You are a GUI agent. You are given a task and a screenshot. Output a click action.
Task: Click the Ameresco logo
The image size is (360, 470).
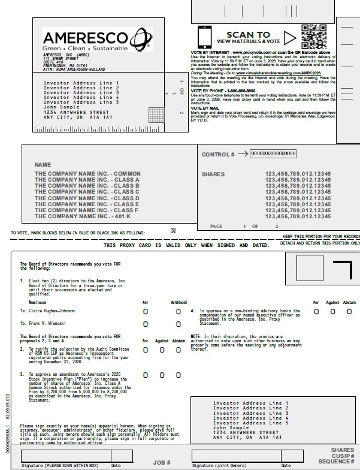click(93, 39)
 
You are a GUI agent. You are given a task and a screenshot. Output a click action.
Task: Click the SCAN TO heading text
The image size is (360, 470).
click(248, 35)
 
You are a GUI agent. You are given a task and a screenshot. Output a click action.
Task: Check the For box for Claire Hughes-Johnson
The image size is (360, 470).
click(145, 312)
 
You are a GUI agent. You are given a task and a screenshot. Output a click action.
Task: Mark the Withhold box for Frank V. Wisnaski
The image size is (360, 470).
click(179, 324)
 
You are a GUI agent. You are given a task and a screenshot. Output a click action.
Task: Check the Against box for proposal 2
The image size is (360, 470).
click(162, 350)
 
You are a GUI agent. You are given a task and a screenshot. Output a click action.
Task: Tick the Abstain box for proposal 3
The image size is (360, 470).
click(179, 375)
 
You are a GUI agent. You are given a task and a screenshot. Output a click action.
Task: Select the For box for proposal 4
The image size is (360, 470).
click(316, 312)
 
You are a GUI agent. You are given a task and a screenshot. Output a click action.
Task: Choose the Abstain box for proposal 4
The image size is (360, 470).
click(349, 312)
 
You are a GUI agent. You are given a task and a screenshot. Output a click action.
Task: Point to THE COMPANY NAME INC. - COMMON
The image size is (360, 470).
click(87, 174)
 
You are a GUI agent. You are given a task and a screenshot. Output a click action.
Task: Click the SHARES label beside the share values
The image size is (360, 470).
click(213, 174)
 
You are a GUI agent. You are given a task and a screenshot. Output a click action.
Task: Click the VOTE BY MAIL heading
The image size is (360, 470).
click(205, 108)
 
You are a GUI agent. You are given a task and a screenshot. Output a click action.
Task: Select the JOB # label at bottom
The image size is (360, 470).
click(162, 462)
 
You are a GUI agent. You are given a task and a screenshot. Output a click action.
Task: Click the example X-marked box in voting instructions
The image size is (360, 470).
click(173, 231)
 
